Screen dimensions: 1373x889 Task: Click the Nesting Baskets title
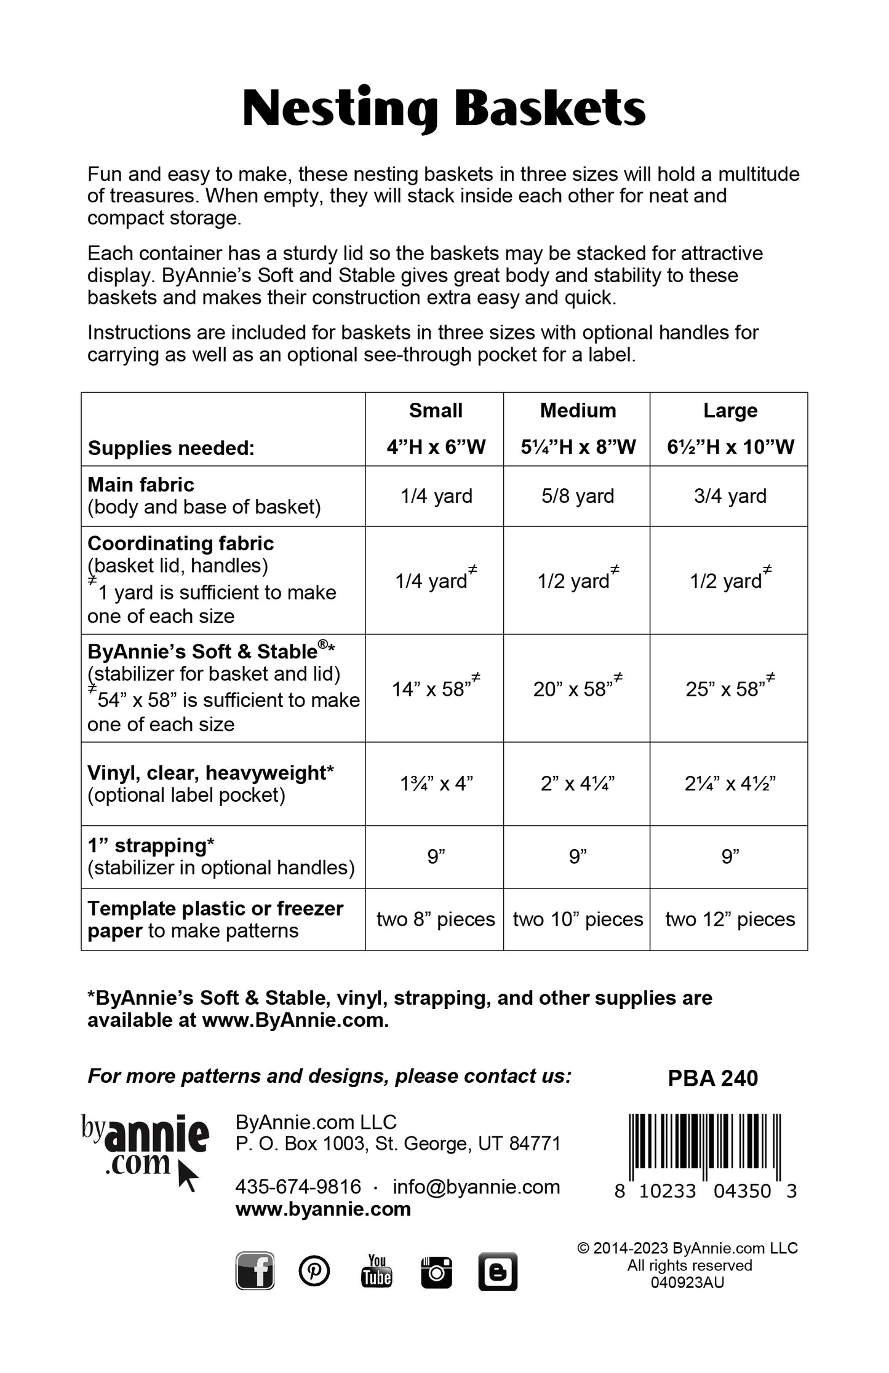click(x=444, y=109)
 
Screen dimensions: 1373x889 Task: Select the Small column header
click(x=436, y=411)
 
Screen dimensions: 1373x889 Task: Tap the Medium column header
click(x=578, y=411)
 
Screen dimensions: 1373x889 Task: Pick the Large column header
click(x=730, y=411)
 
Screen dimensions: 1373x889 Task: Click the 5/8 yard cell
click(x=578, y=496)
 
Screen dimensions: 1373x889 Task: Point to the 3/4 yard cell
click(x=730, y=496)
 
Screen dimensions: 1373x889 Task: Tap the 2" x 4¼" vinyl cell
click(x=578, y=783)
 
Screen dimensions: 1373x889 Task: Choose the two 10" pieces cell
click(x=578, y=919)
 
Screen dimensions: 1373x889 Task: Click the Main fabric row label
click(x=141, y=485)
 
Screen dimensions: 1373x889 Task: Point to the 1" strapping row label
click(x=151, y=845)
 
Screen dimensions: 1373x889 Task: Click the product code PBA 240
click(x=713, y=1078)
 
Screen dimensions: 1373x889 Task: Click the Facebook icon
click(x=255, y=1271)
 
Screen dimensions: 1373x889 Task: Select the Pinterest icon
click(x=314, y=1271)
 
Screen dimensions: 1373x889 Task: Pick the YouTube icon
click(x=377, y=1271)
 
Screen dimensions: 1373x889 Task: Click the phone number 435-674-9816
click(x=298, y=1187)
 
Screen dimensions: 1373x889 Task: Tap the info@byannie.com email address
click(x=476, y=1187)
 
